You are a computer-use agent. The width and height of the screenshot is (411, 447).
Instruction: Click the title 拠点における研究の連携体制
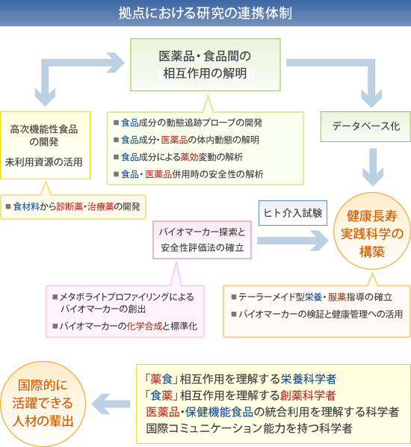coord(205,13)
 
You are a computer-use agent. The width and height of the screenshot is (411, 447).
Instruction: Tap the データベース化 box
coord(365,126)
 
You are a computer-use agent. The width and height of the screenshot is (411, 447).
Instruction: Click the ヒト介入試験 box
coord(293,213)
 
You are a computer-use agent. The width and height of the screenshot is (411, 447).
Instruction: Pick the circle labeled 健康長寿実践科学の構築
coord(371,234)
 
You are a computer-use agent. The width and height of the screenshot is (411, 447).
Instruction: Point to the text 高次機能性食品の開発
coord(45,135)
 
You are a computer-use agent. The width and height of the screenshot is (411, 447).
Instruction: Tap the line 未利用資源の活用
coord(44,161)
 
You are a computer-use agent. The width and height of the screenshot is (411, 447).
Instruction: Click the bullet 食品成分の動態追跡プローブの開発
coord(191,123)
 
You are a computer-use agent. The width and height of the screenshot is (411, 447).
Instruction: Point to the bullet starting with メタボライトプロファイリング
coord(122,303)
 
